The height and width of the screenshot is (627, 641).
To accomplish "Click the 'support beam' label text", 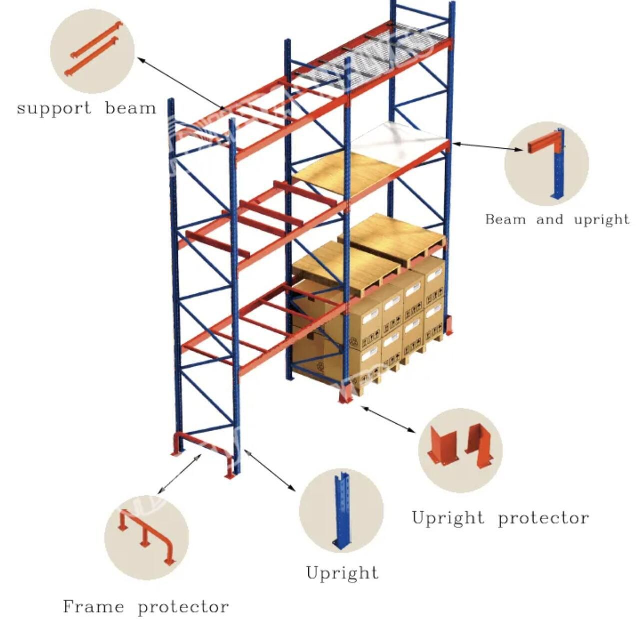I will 86,108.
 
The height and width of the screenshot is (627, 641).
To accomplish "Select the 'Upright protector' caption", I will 500,518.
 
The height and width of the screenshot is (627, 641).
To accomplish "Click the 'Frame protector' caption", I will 146,607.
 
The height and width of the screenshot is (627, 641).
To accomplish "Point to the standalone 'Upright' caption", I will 342,573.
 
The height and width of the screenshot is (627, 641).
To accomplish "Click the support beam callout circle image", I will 92,51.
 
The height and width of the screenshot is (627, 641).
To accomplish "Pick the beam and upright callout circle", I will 547,163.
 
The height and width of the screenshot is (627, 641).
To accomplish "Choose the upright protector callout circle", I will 460,450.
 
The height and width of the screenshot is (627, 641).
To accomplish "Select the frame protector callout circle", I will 146,538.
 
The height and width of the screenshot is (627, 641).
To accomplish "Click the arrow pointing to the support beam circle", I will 180,83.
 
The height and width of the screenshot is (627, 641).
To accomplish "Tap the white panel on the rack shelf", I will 400,140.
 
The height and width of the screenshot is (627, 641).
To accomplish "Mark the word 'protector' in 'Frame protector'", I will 183,607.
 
